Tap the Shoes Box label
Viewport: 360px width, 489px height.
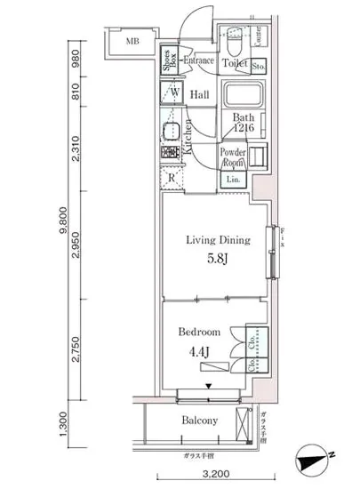[169, 62]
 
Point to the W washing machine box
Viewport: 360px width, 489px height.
[174, 92]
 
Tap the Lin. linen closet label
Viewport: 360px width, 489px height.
[233, 180]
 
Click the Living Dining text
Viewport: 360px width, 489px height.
[217, 240]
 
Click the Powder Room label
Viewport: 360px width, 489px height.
[233, 156]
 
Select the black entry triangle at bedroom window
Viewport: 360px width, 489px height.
[209, 386]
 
